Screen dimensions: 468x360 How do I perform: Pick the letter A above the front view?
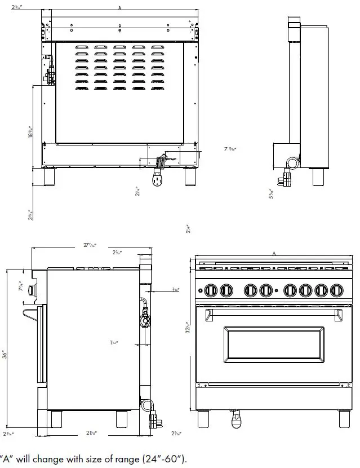274,254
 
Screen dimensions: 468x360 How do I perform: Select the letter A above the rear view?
120,8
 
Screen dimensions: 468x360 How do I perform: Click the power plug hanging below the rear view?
157,180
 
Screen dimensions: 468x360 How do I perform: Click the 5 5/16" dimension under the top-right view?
271,193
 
